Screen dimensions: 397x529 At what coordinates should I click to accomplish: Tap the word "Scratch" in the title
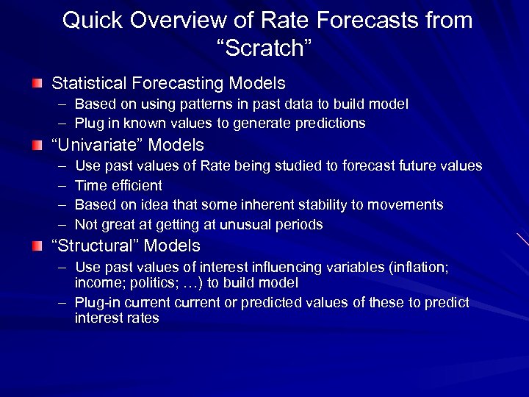click(265, 49)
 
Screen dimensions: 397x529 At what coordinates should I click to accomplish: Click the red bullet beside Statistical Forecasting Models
click(37, 85)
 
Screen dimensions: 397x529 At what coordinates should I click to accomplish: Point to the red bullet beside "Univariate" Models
click(37, 146)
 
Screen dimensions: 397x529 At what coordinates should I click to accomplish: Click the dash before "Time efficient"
click(60, 185)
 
